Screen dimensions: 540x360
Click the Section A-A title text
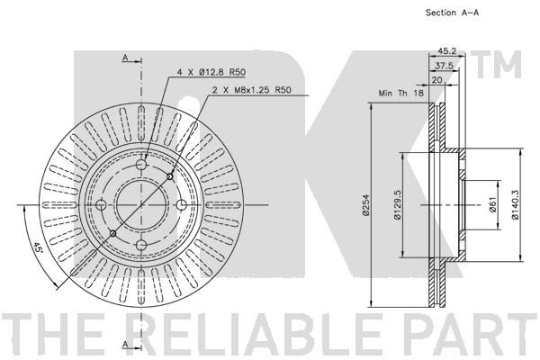click(x=452, y=13)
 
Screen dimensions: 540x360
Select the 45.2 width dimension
click(x=446, y=51)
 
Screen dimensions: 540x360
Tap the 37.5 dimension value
click(x=444, y=66)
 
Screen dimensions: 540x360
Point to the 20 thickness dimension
click(x=436, y=80)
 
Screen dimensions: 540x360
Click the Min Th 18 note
click(x=401, y=93)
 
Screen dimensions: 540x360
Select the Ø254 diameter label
click(x=365, y=205)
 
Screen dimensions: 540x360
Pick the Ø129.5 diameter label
click(x=398, y=205)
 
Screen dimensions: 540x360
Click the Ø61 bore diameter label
click(x=493, y=205)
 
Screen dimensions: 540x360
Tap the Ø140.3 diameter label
click(x=515, y=205)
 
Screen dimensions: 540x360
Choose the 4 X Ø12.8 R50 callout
click(x=211, y=72)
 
